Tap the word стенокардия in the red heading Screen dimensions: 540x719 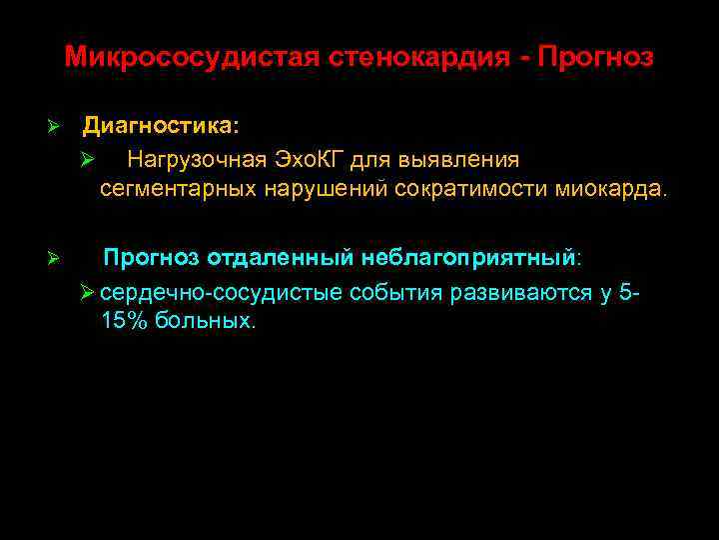[x=416, y=57]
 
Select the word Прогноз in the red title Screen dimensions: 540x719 [x=595, y=57]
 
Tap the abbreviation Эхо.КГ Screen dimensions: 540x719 [x=308, y=160]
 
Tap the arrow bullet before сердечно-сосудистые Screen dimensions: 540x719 [x=87, y=292]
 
